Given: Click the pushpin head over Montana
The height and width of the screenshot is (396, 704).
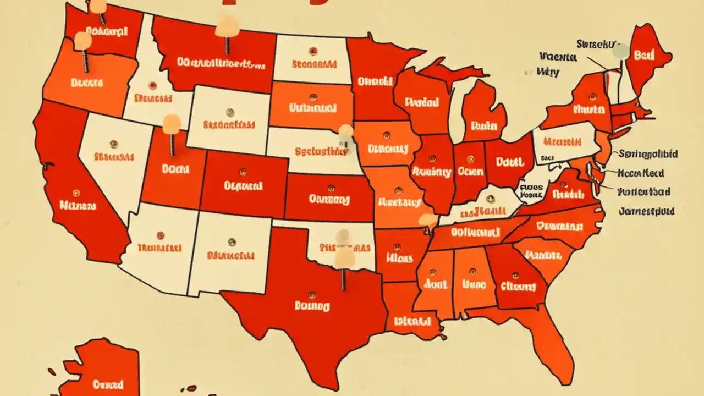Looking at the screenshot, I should (x=227, y=25).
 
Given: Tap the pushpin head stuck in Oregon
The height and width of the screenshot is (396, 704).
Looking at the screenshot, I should (x=82, y=40).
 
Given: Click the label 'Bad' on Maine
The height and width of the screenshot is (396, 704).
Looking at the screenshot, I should (x=644, y=55).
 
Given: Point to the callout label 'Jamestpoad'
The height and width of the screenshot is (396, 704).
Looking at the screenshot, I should (x=646, y=211).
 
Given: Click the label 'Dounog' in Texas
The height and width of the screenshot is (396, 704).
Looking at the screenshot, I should (x=312, y=305).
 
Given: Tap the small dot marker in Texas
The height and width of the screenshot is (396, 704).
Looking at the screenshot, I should (x=313, y=293).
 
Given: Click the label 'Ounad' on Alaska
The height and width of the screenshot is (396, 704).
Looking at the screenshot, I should (x=108, y=384).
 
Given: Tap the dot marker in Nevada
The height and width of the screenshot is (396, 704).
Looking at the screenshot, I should (x=113, y=144).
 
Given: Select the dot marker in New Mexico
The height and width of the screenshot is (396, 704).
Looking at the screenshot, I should (x=232, y=242).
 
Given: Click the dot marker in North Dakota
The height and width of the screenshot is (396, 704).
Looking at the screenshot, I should (x=312, y=52).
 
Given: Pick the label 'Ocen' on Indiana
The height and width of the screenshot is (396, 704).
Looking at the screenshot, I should (x=470, y=172).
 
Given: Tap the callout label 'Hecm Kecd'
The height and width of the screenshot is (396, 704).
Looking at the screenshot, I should (x=641, y=173).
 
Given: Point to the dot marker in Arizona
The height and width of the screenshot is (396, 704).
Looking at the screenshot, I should (x=160, y=235).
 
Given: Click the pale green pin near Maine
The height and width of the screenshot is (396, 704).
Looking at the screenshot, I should (x=620, y=51).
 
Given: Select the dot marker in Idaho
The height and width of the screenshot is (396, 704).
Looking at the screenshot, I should (x=152, y=86).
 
